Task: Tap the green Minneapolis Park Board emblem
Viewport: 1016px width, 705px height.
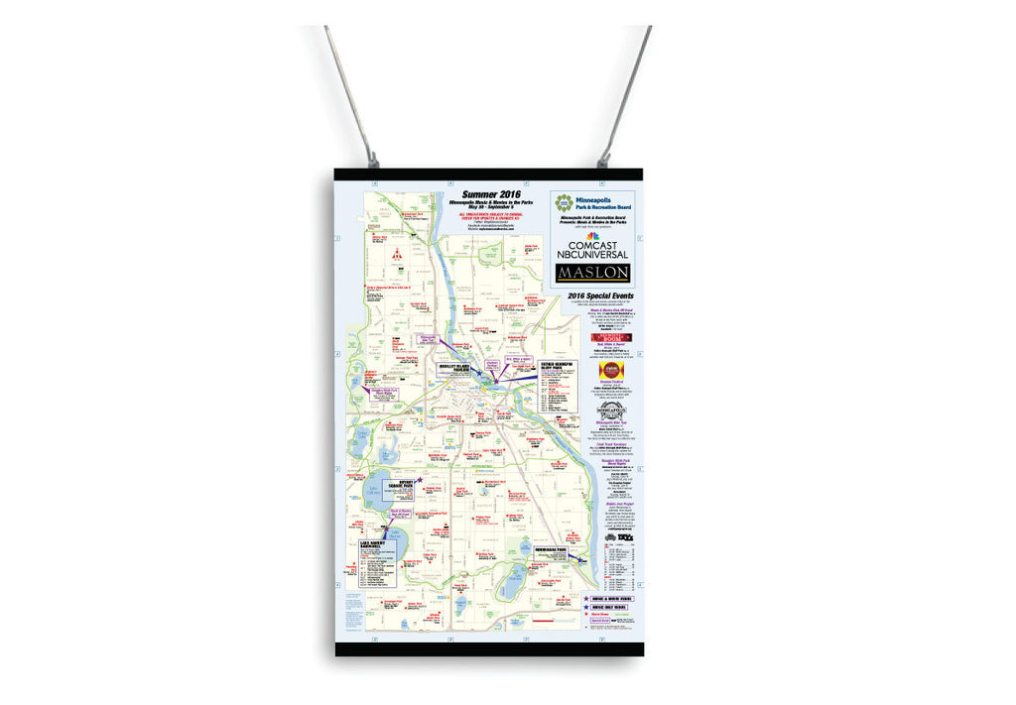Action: click(564, 204)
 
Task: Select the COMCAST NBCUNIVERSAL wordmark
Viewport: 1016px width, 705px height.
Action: click(592, 248)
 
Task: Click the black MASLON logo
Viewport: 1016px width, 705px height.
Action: click(592, 272)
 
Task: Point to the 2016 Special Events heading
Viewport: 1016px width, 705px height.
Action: click(592, 296)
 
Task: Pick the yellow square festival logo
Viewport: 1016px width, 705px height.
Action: click(612, 369)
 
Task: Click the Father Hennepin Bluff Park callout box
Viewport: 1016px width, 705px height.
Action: click(559, 389)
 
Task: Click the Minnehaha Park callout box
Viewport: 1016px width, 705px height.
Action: click(549, 558)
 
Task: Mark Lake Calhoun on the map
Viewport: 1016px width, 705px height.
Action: click(377, 495)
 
